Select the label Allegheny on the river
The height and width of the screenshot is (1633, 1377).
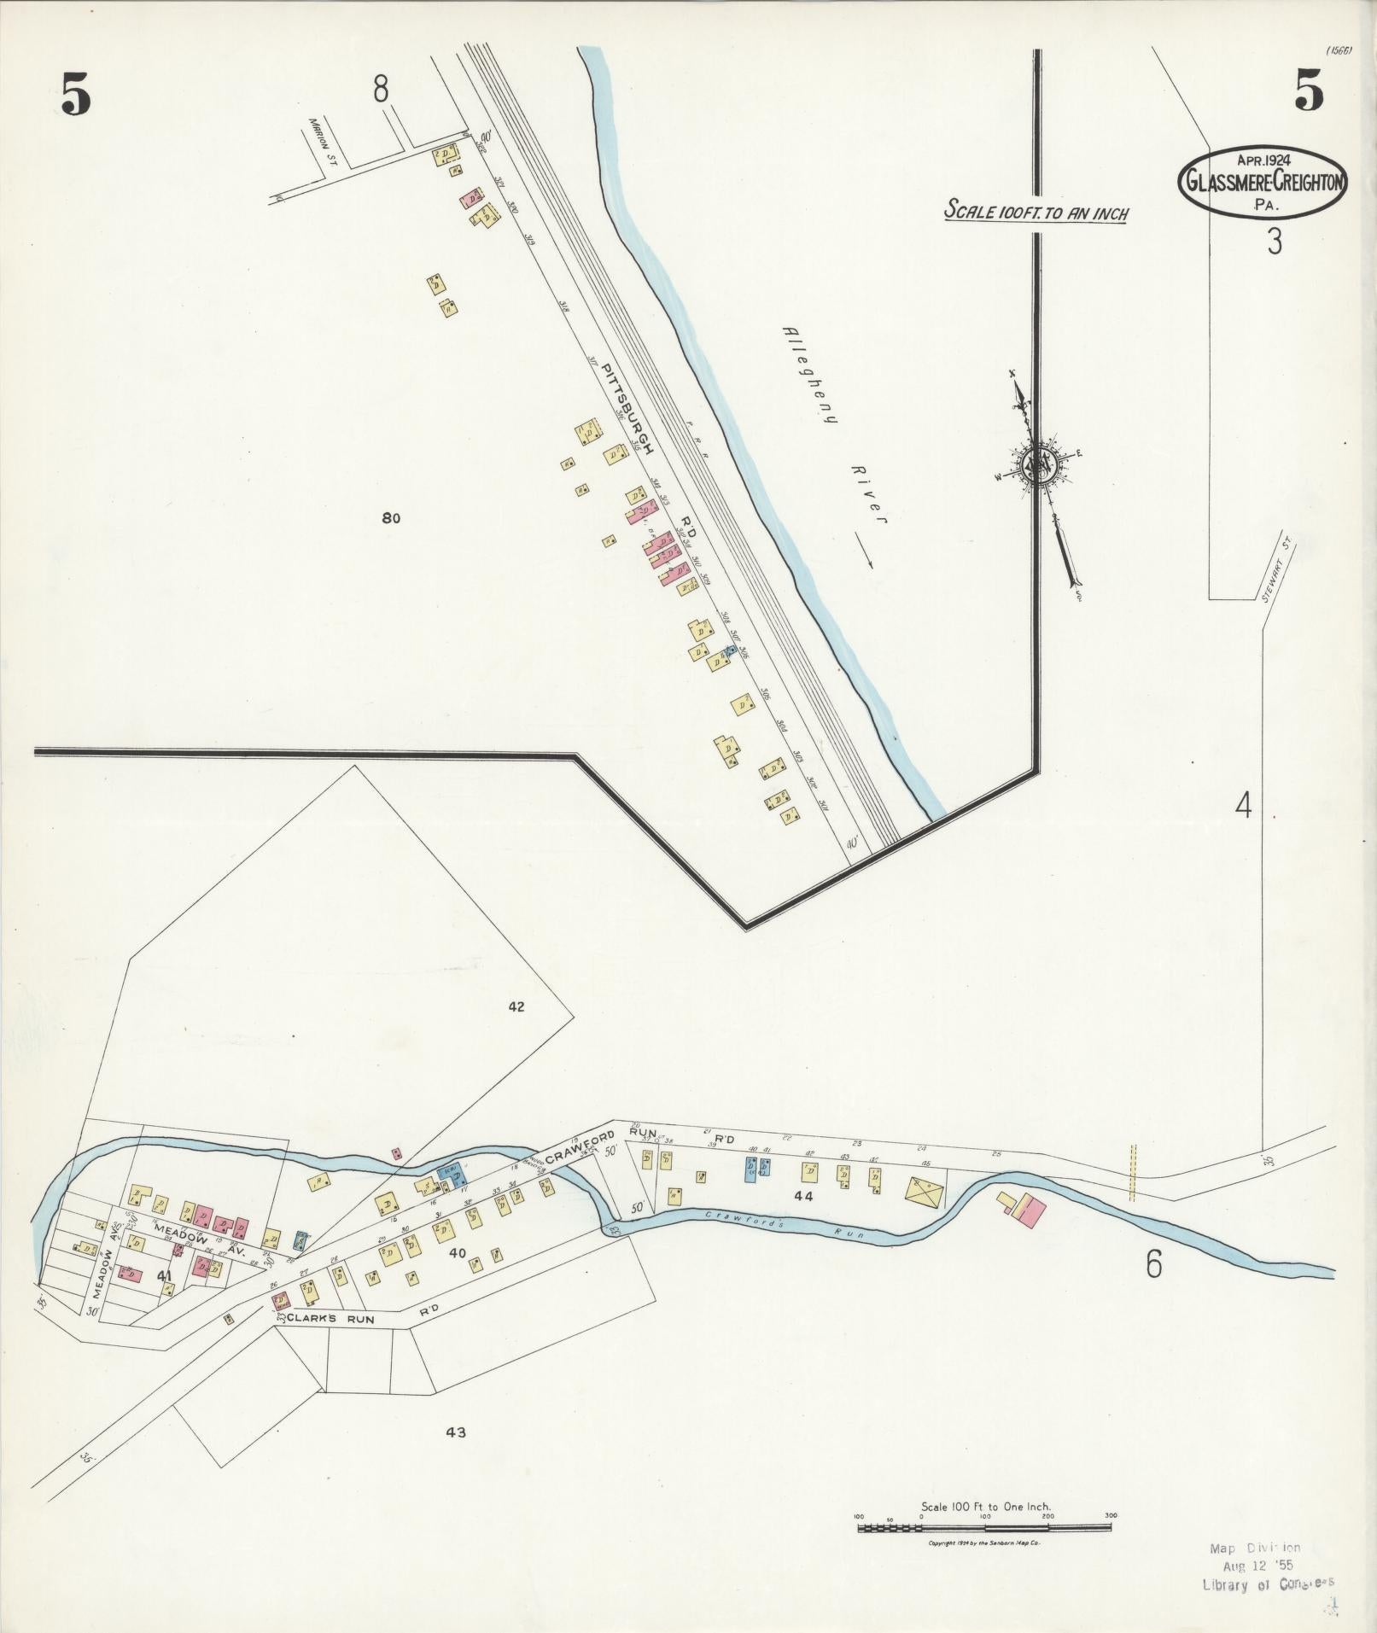click(810, 376)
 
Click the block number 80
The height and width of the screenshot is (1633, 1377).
click(391, 517)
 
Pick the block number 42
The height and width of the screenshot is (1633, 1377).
click(516, 1006)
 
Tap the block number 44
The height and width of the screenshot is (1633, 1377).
click(802, 1197)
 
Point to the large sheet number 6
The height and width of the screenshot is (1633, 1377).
click(1153, 1265)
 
